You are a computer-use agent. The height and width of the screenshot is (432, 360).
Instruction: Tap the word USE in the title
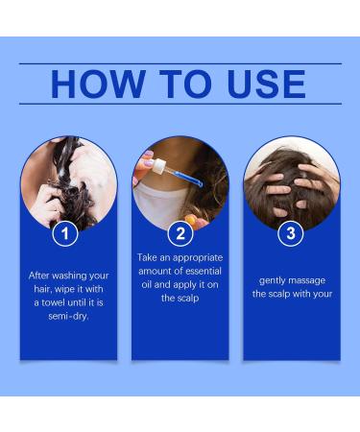pyautogui.click(x=256, y=84)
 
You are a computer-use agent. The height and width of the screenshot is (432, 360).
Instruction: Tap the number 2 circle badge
pyautogui.click(x=180, y=233)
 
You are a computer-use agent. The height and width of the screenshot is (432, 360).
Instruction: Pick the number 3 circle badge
pyautogui.click(x=291, y=233)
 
